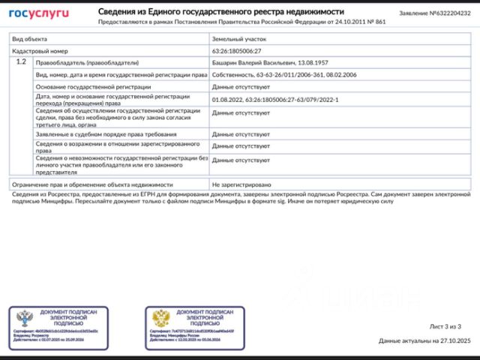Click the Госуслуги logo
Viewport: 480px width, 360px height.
coord(38,13)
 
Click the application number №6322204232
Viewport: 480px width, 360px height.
coord(434,13)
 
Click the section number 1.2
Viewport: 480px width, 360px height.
coord(21,61)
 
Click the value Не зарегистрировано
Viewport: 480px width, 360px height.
coord(241,184)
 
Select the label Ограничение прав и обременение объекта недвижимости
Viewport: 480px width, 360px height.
coord(93,184)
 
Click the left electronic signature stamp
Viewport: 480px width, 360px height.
coord(58,328)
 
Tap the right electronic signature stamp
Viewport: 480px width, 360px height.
coord(194,328)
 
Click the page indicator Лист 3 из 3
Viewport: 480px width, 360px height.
coord(445,326)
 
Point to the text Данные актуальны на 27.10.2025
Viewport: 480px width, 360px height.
coord(424,340)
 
